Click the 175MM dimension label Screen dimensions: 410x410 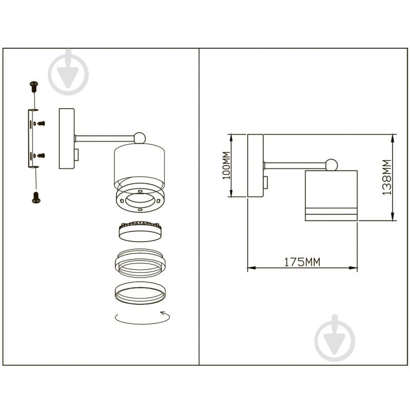[x=302, y=262]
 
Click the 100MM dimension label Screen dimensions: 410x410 [x=226, y=166]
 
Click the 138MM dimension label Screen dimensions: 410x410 [x=387, y=177]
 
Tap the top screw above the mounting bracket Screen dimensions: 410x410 [x=34, y=87]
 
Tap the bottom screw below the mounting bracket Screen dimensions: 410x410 [x=36, y=198]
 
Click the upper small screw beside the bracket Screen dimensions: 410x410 [x=41, y=123]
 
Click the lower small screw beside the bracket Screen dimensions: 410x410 [x=41, y=155]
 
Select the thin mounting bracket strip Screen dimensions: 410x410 [x=31, y=139]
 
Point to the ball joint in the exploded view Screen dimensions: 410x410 [x=140, y=138]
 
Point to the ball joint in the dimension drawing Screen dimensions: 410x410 [x=332, y=165]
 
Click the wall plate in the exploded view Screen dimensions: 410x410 [x=67, y=139]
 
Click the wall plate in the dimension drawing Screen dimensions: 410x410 [x=256, y=166]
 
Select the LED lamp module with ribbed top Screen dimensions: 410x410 [x=140, y=231]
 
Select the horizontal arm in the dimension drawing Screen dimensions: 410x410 [x=295, y=166]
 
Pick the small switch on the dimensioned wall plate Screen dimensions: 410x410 [x=266, y=182]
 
